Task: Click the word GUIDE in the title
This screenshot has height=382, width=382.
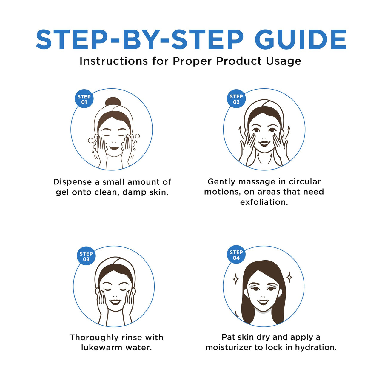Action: pyautogui.click(x=300, y=40)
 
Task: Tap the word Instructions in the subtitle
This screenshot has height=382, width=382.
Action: pyautogui.click(x=113, y=61)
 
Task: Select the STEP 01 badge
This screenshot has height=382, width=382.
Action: pyautogui.click(x=84, y=99)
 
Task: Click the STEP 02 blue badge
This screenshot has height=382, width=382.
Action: pyautogui.click(x=236, y=99)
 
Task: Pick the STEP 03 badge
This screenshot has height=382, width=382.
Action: pyautogui.click(x=86, y=256)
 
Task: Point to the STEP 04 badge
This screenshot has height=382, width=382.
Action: pyautogui.click(x=236, y=255)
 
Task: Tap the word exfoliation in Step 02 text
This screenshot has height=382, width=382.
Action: pyautogui.click(x=264, y=202)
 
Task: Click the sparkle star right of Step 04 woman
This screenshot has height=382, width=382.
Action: pyautogui.click(x=289, y=277)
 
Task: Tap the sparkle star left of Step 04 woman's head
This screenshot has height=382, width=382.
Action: pyautogui.click(x=236, y=279)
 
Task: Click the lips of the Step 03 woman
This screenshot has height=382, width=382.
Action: pyautogui.click(x=115, y=302)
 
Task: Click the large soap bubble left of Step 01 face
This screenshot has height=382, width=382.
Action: pyautogui.click(x=91, y=141)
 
